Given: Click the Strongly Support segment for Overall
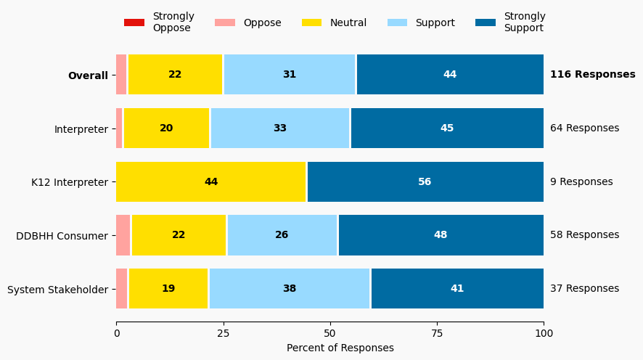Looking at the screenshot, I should (450, 75).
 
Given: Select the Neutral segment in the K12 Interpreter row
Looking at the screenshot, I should (211, 181).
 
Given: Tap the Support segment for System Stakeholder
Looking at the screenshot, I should (289, 289).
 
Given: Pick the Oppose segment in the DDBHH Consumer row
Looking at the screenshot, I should (123, 235).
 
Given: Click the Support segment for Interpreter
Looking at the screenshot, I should (280, 128).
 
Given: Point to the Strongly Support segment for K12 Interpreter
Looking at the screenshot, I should (425, 181).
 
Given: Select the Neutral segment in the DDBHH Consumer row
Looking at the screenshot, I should (179, 235).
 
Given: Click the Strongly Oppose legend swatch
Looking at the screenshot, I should (134, 22).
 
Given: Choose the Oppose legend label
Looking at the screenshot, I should (262, 22).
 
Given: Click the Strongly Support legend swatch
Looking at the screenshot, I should (486, 22).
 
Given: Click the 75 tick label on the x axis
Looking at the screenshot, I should (437, 333).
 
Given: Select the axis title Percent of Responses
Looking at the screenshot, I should (340, 348).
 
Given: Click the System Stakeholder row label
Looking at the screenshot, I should (57, 290).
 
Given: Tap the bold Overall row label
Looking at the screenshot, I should (88, 75).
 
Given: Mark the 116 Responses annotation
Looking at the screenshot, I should (592, 75).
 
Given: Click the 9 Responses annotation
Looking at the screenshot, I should (581, 181).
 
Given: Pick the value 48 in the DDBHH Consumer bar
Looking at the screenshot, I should (441, 235).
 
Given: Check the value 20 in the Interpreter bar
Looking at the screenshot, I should (166, 128).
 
